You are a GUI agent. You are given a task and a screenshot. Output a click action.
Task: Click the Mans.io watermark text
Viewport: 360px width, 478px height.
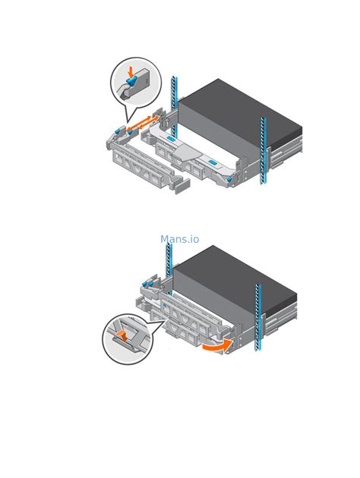pyautogui.click(x=180, y=239)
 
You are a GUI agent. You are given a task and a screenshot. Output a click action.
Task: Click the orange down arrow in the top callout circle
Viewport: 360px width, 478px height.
pyautogui.click(x=131, y=72)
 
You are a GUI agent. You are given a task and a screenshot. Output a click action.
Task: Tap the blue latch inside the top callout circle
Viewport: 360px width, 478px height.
pyautogui.click(x=132, y=80)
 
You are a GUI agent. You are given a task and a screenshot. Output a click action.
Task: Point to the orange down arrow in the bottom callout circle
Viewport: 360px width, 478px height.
pyautogui.click(x=123, y=335)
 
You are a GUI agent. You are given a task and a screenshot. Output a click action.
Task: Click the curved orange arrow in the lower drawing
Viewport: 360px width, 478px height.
pyautogui.click(x=218, y=346)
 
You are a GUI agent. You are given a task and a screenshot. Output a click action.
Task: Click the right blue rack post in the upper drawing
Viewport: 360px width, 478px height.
pyautogui.click(x=264, y=150)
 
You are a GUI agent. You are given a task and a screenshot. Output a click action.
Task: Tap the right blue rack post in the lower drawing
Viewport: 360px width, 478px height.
pyautogui.click(x=258, y=317)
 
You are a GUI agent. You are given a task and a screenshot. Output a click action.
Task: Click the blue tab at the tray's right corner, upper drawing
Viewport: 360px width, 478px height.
pyautogui.click(x=229, y=180)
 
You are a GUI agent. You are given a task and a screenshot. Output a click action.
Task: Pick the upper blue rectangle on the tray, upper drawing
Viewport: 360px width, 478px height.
pyautogui.click(x=171, y=140)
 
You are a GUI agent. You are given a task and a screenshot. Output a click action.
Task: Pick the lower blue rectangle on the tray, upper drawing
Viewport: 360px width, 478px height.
pyautogui.click(x=213, y=162)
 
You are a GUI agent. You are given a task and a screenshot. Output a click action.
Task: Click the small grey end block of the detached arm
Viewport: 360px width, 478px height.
pyautogui.click(x=182, y=186)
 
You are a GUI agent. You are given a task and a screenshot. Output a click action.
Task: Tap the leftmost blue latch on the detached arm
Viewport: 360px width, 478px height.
pyautogui.click(x=117, y=132)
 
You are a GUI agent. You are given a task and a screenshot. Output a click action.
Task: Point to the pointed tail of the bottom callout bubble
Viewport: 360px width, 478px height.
pyautogui.click(x=165, y=320)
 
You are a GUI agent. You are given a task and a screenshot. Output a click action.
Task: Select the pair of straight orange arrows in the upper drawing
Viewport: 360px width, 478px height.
pyautogui.click(x=143, y=123)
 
